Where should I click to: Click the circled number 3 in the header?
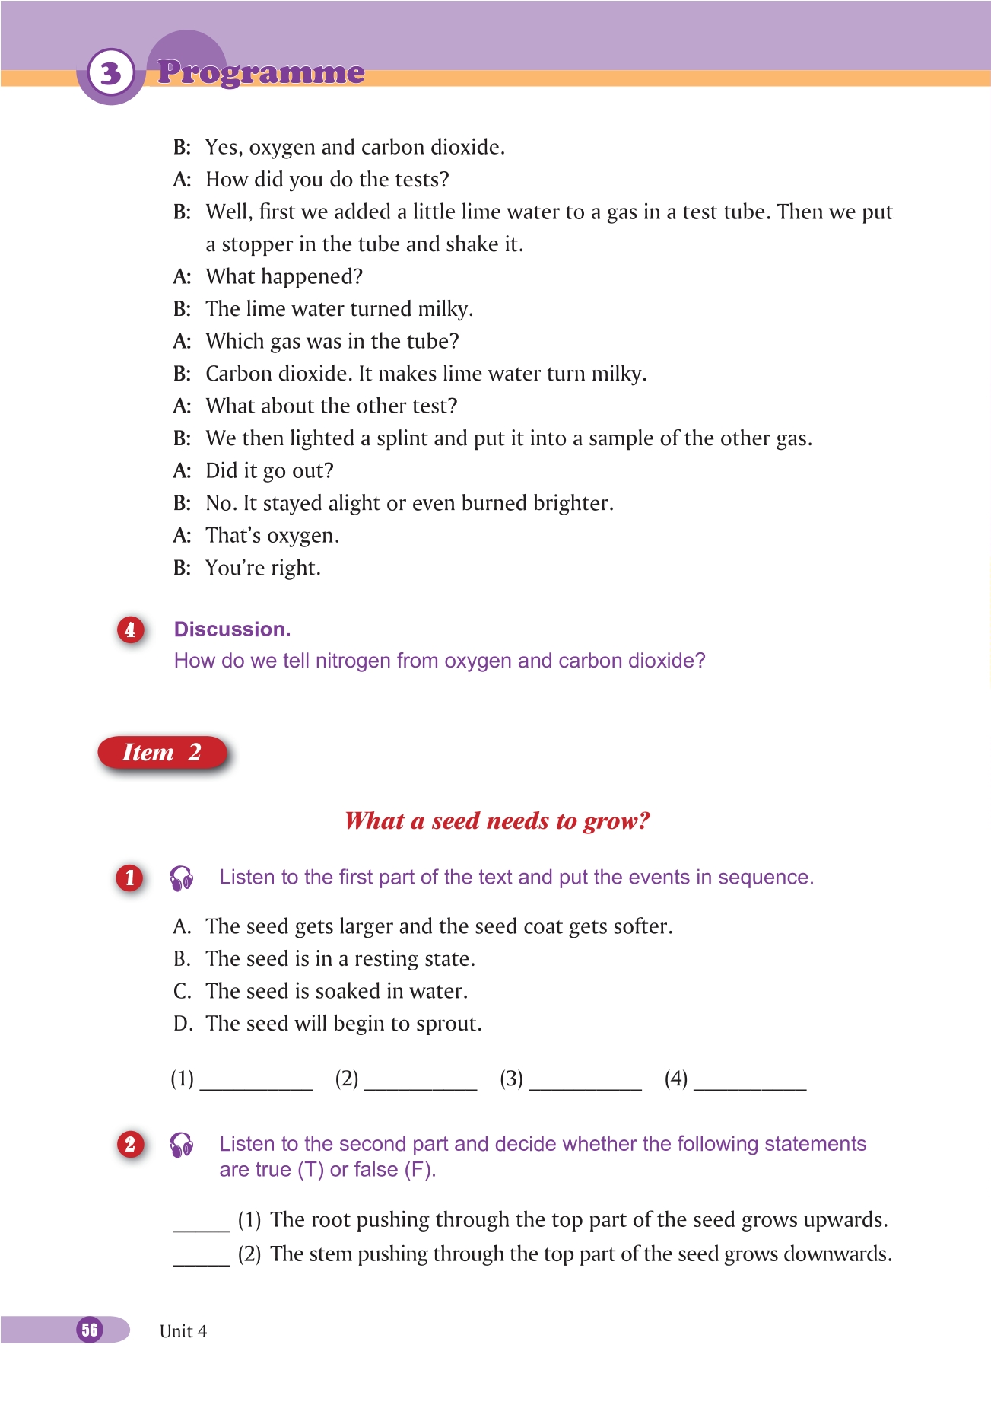point(111,73)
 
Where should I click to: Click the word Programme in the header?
point(261,72)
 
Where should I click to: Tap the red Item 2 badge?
point(162,753)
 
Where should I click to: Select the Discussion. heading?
point(232,629)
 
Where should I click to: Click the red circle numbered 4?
point(130,630)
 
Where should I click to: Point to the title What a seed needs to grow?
point(497,820)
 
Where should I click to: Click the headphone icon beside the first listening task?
point(182,878)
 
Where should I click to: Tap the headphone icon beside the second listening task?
point(182,1145)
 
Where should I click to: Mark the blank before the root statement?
point(202,1222)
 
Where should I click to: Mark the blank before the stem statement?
point(202,1257)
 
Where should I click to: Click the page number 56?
point(90,1330)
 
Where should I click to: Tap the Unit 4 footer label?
point(183,1331)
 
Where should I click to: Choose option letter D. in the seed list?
point(183,1024)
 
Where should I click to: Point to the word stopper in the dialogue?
point(253,244)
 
